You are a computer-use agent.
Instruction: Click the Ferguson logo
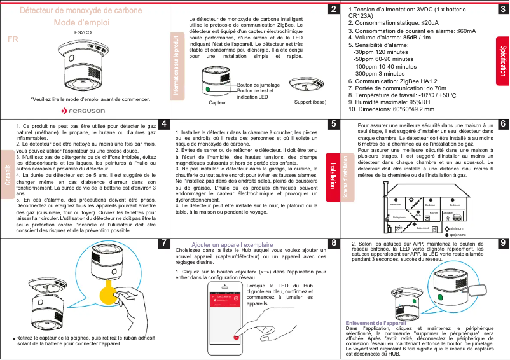click(86, 111)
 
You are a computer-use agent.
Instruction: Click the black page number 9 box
click(502, 243)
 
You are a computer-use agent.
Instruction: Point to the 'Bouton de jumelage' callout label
click(258, 85)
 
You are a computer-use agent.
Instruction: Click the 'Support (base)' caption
click(311, 102)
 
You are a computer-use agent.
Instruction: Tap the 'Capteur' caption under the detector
click(217, 102)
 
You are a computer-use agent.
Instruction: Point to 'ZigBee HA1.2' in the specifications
click(417, 81)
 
